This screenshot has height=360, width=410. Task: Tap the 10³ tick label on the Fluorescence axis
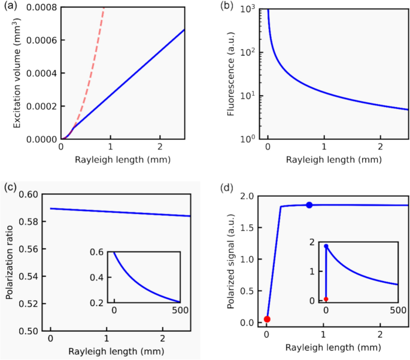tap(251, 8)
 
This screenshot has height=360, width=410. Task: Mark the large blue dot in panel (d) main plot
tap(309, 205)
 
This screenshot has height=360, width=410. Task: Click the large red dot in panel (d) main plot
tap(268, 319)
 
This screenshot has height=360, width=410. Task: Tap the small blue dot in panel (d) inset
tap(326, 246)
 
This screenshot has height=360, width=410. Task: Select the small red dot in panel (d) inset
tap(326, 299)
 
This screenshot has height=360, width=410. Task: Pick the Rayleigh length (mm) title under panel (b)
tap(324, 160)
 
